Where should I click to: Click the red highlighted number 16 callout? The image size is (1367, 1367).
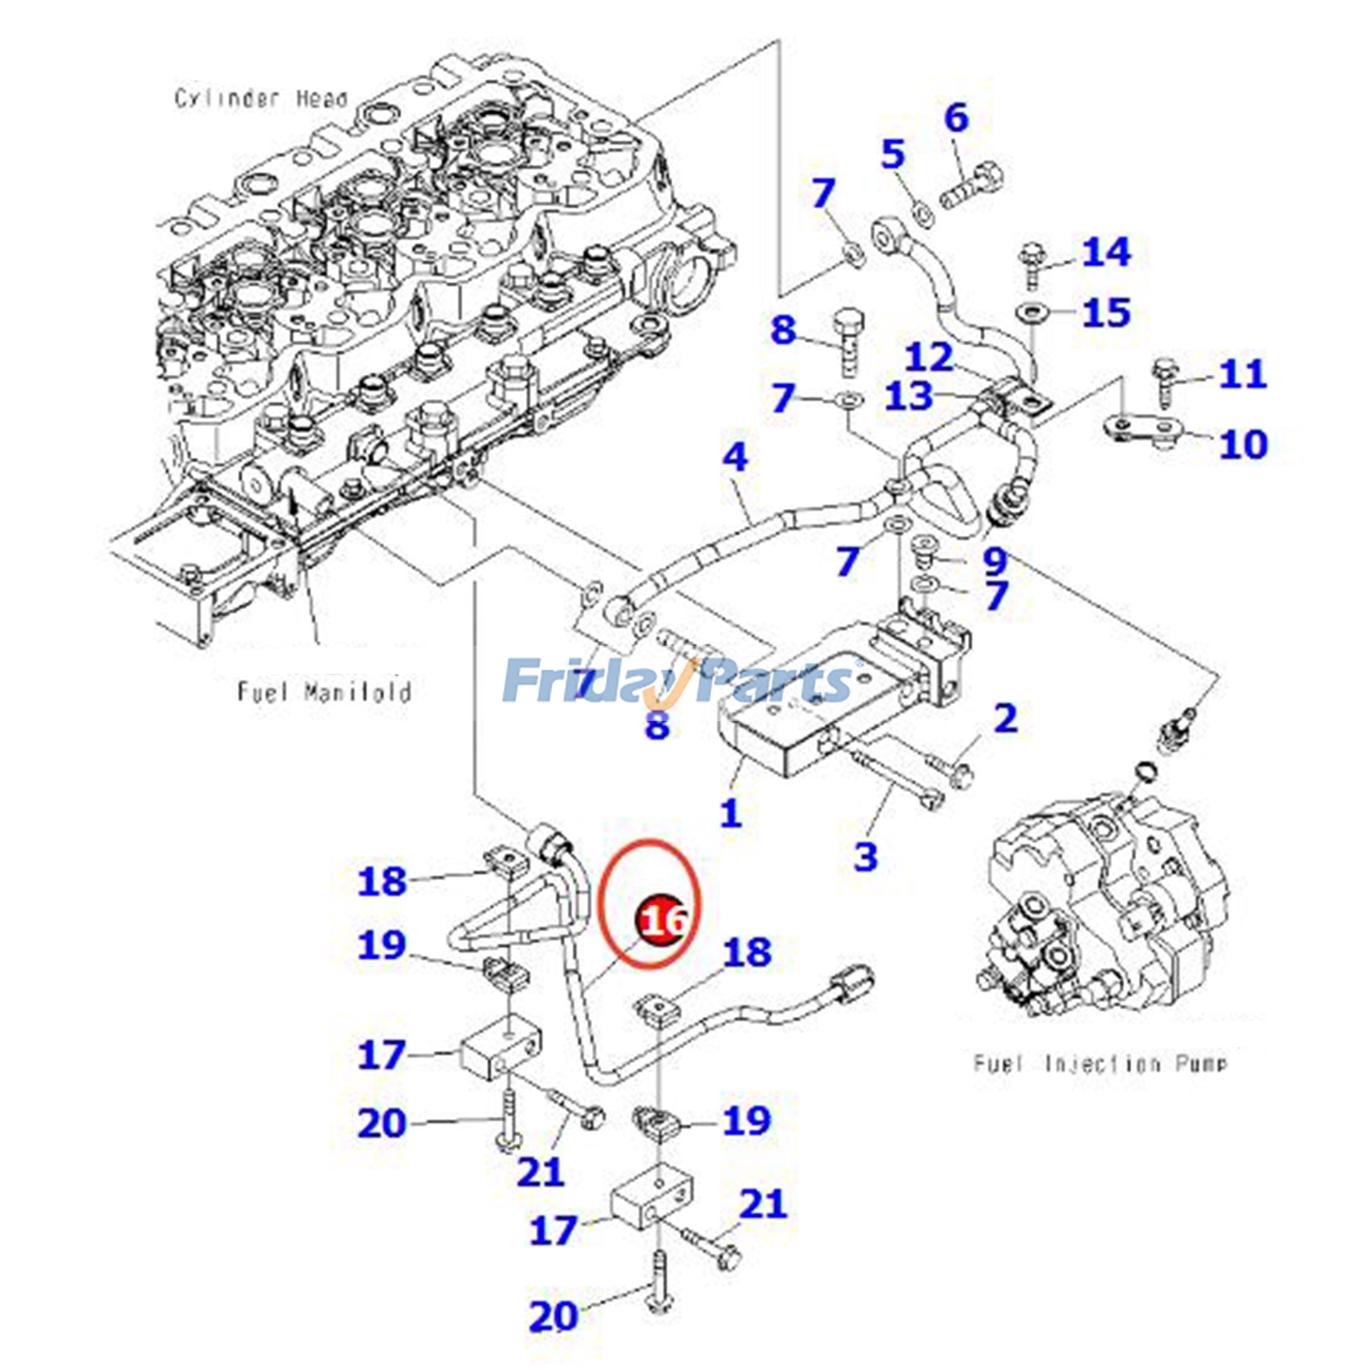tap(662, 920)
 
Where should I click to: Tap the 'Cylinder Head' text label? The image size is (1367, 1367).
tap(261, 98)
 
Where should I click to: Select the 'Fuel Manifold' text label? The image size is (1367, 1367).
tap(324, 691)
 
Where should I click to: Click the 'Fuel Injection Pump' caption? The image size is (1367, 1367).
tap(1100, 1064)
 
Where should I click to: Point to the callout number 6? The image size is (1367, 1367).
tap(957, 118)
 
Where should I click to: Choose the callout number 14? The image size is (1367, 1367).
tap(1106, 252)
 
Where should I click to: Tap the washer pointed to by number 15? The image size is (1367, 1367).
tap(1035, 311)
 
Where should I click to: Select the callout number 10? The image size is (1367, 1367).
tap(1242, 444)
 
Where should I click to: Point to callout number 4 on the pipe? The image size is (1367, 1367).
tap(735, 458)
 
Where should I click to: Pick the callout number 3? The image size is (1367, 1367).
tap(865, 855)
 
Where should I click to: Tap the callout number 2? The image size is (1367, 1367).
tap(1006, 719)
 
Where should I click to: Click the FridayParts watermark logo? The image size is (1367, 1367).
tap(679, 681)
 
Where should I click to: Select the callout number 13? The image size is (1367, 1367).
tap(909, 396)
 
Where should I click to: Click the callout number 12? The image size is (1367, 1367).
tap(929, 357)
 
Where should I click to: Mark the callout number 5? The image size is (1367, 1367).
tap(893, 155)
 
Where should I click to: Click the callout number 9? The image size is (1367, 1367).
tap(994, 560)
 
